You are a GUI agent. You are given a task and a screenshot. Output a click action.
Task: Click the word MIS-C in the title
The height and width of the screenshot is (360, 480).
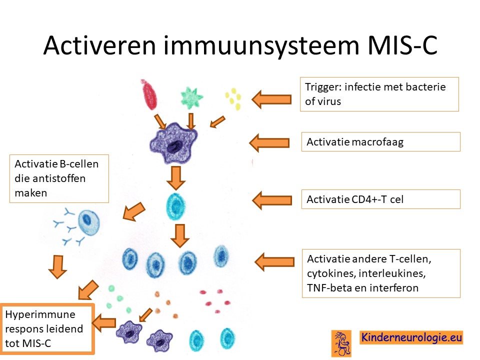402,45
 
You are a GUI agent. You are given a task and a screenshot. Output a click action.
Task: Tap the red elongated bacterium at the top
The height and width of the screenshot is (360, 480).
149,94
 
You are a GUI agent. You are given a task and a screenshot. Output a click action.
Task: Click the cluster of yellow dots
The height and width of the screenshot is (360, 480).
233,98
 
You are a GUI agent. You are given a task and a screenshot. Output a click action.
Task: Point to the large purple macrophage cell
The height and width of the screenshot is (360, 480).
173,143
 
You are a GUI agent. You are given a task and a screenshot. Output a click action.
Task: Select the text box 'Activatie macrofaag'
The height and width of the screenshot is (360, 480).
380,141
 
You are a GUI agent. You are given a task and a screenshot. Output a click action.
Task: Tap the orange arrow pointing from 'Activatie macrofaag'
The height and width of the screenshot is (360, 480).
269,142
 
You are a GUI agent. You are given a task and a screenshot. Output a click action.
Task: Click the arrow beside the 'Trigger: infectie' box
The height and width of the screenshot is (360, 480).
271,99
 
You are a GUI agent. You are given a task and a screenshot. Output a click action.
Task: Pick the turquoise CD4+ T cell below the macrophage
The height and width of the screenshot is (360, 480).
175,206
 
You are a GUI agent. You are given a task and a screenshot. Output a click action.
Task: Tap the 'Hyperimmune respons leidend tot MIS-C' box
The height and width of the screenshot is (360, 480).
47,329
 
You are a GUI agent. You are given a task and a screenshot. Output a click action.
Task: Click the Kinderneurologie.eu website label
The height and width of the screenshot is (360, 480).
411,337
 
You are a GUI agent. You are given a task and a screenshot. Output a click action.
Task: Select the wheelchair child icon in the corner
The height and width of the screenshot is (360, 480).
341,343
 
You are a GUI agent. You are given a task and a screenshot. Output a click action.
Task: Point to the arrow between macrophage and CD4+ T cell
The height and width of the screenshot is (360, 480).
176,178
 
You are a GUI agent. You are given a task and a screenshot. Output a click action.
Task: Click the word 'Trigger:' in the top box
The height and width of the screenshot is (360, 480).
322,87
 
